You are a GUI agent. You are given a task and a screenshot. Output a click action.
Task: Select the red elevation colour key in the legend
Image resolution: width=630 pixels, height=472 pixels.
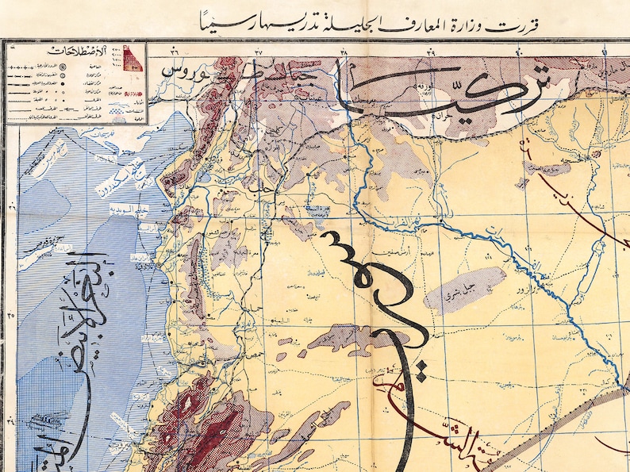pos(133,59)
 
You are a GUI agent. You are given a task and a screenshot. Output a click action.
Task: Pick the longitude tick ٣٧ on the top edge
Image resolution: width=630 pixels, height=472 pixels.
pos(259,52)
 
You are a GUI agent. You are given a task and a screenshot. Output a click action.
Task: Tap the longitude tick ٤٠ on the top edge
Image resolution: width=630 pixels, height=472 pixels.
pos(519,52)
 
